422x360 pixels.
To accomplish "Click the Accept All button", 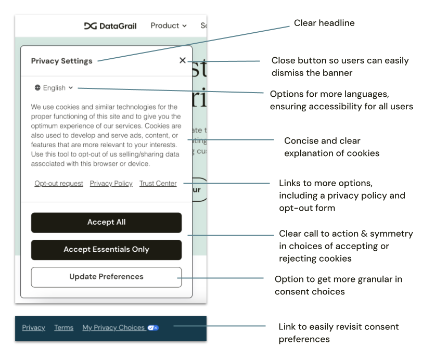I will click(106, 222).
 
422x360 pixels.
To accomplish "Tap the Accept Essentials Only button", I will click(106, 250).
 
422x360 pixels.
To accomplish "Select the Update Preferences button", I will click(106, 277).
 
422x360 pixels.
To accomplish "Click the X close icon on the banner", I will click(182, 60).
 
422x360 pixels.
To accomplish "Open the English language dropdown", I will click(54, 88).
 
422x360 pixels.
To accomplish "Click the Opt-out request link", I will click(59, 184).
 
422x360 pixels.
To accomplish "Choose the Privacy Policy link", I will click(111, 184).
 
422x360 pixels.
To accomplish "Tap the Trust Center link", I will click(158, 184).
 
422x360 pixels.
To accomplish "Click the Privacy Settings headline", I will click(61, 61).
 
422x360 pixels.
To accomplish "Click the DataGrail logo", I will click(110, 25).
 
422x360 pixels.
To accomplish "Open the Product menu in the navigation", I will click(169, 25).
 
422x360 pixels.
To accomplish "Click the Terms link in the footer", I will click(63, 328).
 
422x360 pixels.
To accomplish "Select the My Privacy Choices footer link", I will click(113, 328).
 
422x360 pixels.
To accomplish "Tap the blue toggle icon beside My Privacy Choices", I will click(153, 328).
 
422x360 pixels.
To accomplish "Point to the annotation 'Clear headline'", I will click(324, 23).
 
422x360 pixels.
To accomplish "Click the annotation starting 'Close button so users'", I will click(340, 67).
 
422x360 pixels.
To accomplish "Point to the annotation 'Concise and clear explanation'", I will click(331, 147).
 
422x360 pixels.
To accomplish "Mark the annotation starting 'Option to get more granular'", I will click(338, 286).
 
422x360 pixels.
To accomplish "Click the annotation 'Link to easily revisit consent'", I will click(338, 333).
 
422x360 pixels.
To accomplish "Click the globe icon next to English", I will click(37, 88).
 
